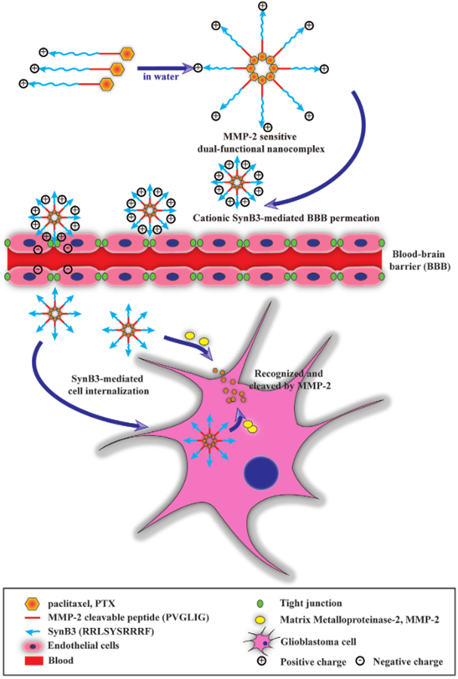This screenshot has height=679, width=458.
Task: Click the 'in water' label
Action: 161,77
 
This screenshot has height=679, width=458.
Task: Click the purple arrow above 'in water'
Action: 165,68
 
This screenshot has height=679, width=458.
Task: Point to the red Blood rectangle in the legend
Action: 32,661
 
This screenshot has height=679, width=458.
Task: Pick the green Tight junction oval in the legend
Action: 260,603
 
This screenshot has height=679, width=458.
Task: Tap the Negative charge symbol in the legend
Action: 360,661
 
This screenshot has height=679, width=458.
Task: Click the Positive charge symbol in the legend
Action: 260,661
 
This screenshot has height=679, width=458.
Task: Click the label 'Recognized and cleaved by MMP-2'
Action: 289,379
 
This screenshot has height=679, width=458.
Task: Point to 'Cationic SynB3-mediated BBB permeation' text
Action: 286,218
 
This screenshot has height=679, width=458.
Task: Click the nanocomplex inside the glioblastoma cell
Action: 209,441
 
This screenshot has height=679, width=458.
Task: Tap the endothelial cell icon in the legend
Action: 33,646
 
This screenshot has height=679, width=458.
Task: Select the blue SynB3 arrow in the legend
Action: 33,632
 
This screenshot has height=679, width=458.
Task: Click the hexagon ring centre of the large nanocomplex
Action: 261,69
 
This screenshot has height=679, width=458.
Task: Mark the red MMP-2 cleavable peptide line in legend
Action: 33,618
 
